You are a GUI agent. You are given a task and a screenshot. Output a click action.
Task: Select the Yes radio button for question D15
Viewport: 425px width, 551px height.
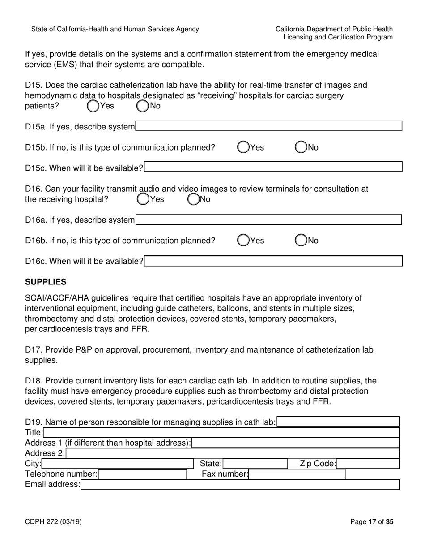[x=93, y=106]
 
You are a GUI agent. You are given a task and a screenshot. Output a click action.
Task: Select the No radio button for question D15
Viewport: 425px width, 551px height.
[x=142, y=106]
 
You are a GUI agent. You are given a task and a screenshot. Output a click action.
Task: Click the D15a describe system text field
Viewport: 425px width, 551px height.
[x=268, y=126]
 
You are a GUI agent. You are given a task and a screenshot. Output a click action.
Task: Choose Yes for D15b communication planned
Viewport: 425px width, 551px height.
[x=243, y=147]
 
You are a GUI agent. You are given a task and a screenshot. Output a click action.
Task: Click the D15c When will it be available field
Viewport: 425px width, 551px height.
[x=273, y=168]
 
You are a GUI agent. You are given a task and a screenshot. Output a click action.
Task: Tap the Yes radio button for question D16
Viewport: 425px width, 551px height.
[x=143, y=198]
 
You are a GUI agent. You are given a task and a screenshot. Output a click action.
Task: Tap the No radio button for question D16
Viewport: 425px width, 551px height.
[x=193, y=198]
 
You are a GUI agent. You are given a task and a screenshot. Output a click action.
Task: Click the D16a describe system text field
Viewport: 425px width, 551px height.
[x=268, y=220]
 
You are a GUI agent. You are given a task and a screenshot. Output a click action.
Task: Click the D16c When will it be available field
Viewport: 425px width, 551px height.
[x=273, y=261]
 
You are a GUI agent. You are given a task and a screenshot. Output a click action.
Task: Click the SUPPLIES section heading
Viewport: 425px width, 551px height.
[x=46, y=282]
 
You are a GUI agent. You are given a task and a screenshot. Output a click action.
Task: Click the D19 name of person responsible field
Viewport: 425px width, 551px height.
[x=338, y=422]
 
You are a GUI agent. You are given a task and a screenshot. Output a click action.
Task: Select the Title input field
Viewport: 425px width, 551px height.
[x=221, y=432]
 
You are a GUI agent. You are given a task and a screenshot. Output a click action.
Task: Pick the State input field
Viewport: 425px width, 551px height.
[x=255, y=464]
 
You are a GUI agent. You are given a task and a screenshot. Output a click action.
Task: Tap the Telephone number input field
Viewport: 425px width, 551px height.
[x=142, y=474]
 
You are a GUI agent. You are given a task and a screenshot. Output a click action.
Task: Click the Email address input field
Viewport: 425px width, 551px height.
[x=240, y=484]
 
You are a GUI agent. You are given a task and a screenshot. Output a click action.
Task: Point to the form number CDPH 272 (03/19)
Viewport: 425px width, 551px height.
[x=53, y=521]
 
